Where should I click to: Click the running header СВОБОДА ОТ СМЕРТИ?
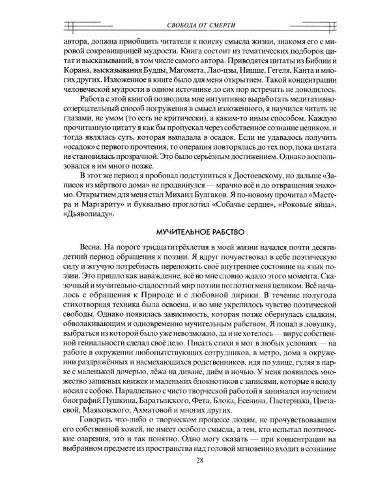pos(195,25)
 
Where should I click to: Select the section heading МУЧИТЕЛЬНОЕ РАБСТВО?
pos(195,232)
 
